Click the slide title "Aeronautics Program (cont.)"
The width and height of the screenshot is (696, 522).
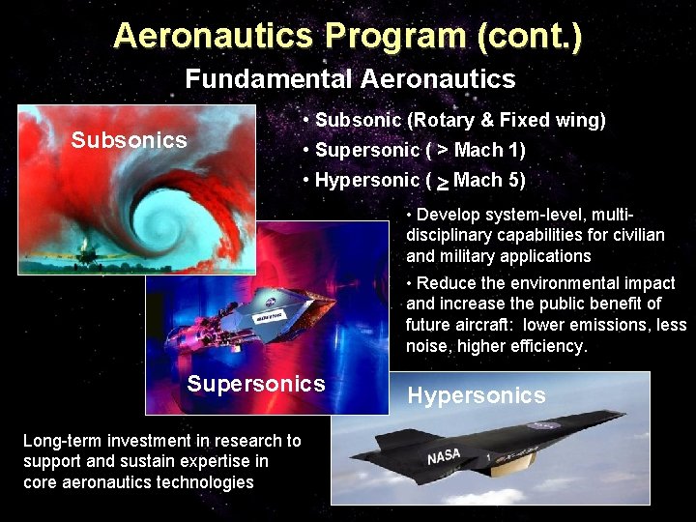347,36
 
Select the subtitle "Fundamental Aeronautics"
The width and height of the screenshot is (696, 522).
350,78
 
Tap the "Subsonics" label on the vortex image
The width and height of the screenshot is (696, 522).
129,140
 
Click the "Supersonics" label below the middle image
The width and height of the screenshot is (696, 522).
256,384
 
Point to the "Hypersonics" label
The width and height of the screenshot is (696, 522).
477,395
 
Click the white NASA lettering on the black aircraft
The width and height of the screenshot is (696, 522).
444,454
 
